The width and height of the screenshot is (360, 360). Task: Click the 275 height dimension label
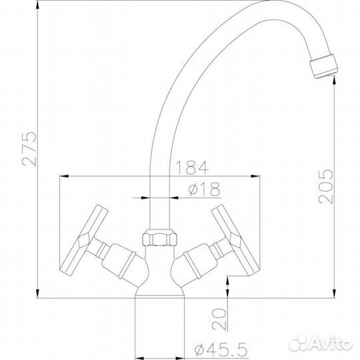pyautogui.click(x=29, y=149)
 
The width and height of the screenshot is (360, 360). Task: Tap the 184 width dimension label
pyautogui.click(x=192, y=167)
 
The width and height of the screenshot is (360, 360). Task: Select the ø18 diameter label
pyautogui.click(x=204, y=189)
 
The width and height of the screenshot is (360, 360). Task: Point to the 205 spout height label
pyautogui.click(x=325, y=186)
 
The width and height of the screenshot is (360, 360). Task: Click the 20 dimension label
pyautogui.click(x=219, y=319)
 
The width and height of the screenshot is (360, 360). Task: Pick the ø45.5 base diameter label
pyautogui.click(x=221, y=349)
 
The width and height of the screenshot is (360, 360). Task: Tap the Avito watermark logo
pyautogui.click(x=321, y=343)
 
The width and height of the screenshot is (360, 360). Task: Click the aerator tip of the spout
pyautogui.click(x=323, y=67)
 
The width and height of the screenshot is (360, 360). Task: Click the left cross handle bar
pyautogui.click(x=83, y=240)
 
